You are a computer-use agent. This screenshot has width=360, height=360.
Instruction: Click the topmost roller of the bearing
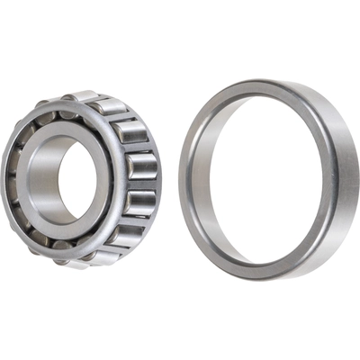(x=83, y=97)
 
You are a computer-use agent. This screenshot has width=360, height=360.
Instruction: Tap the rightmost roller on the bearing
(x=144, y=166)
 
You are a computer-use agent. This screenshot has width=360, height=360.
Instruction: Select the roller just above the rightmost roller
(x=134, y=133)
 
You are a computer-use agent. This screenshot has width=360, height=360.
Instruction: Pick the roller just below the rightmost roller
(x=139, y=202)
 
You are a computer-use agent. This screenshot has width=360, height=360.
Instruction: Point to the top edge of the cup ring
(x=261, y=83)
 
